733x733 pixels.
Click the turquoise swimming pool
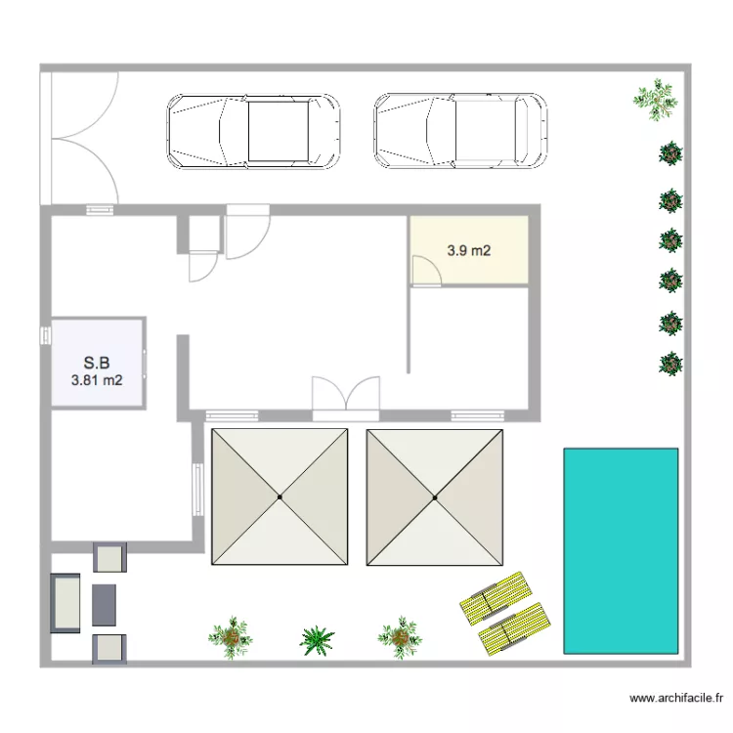621,550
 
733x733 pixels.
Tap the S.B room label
97,363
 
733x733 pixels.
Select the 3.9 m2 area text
469,250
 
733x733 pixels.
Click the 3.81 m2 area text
97,380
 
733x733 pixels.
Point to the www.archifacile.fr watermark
676,698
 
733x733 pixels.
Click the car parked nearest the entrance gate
253,131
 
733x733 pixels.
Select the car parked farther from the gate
460,131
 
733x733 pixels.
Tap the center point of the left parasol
280,496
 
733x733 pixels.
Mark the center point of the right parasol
435,497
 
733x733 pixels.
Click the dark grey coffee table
104,605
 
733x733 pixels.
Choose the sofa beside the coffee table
65,603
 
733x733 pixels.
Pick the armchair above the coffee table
109,557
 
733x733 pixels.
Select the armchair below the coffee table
109,649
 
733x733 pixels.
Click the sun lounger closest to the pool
514,628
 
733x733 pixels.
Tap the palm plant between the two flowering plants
317,640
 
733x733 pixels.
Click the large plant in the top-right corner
656,100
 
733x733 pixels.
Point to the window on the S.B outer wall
46,335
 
